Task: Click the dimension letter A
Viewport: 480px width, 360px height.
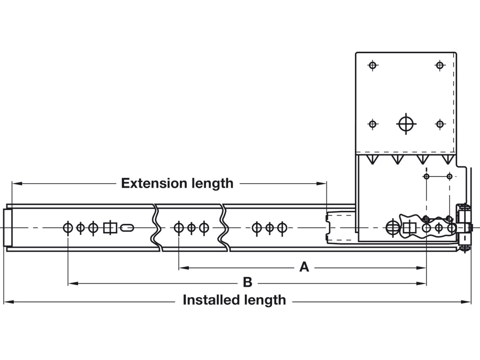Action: click(x=304, y=267)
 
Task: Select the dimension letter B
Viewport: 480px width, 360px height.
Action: click(x=247, y=282)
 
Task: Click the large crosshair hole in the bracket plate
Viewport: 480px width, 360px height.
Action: click(x=406, y=124)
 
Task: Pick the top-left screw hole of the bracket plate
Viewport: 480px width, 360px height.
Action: click(x=373, y=65)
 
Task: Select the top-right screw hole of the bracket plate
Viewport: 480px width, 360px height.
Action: click(x=440, y=65)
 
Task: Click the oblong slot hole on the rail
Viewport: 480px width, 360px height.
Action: click(x=127, y=228)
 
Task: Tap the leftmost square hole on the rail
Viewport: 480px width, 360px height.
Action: click(x=110, y=228)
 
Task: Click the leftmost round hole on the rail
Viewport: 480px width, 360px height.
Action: click(x=68, y=228)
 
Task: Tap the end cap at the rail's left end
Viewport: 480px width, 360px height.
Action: click(x=7, y=228)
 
